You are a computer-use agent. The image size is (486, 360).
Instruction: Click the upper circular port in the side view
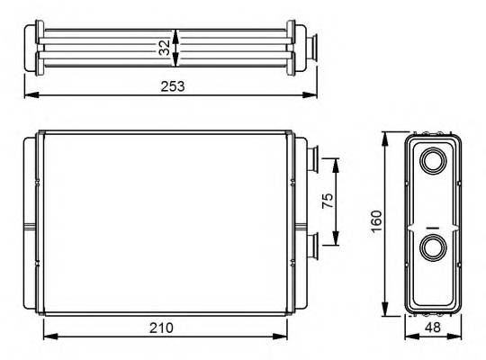tap(432, 163)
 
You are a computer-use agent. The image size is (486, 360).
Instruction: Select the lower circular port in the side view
tap(432, 247)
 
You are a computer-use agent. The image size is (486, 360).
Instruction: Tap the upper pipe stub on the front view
tap(310, 159)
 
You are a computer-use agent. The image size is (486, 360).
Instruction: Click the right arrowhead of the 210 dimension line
tap(284, 337)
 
